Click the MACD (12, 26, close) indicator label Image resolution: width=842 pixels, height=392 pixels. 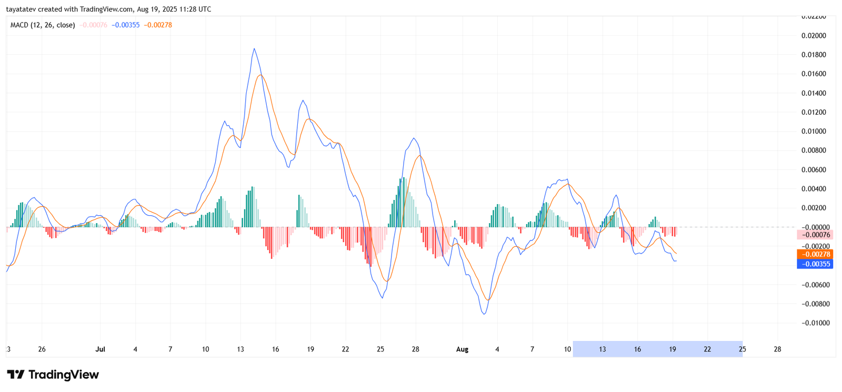pos(43,25)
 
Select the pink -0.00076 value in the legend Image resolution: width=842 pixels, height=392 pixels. pos(94,25)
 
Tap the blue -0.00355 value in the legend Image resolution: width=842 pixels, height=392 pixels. pos(126,25)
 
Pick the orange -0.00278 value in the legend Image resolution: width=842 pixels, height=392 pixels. pos(158,25)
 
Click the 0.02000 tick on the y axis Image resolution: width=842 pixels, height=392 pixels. pos(814,36)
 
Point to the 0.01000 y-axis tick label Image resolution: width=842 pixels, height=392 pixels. pos(814,132)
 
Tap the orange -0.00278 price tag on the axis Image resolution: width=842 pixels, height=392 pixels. pos(815,254)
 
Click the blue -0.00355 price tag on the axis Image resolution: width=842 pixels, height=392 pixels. pos(815,264)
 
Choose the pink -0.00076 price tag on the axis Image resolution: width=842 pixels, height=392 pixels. pos(815,235)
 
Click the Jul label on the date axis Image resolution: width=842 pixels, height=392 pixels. pos(100,349)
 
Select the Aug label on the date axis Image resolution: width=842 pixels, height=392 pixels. pos(462,349)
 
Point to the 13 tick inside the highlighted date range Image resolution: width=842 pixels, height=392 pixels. pos(602,349)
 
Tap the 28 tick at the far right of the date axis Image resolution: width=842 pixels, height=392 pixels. pos(777,349)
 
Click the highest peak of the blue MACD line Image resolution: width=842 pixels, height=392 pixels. pos(254,49)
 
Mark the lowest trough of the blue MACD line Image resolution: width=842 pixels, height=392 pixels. pos(484,314)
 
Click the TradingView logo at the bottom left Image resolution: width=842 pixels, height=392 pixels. pos(53,375)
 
